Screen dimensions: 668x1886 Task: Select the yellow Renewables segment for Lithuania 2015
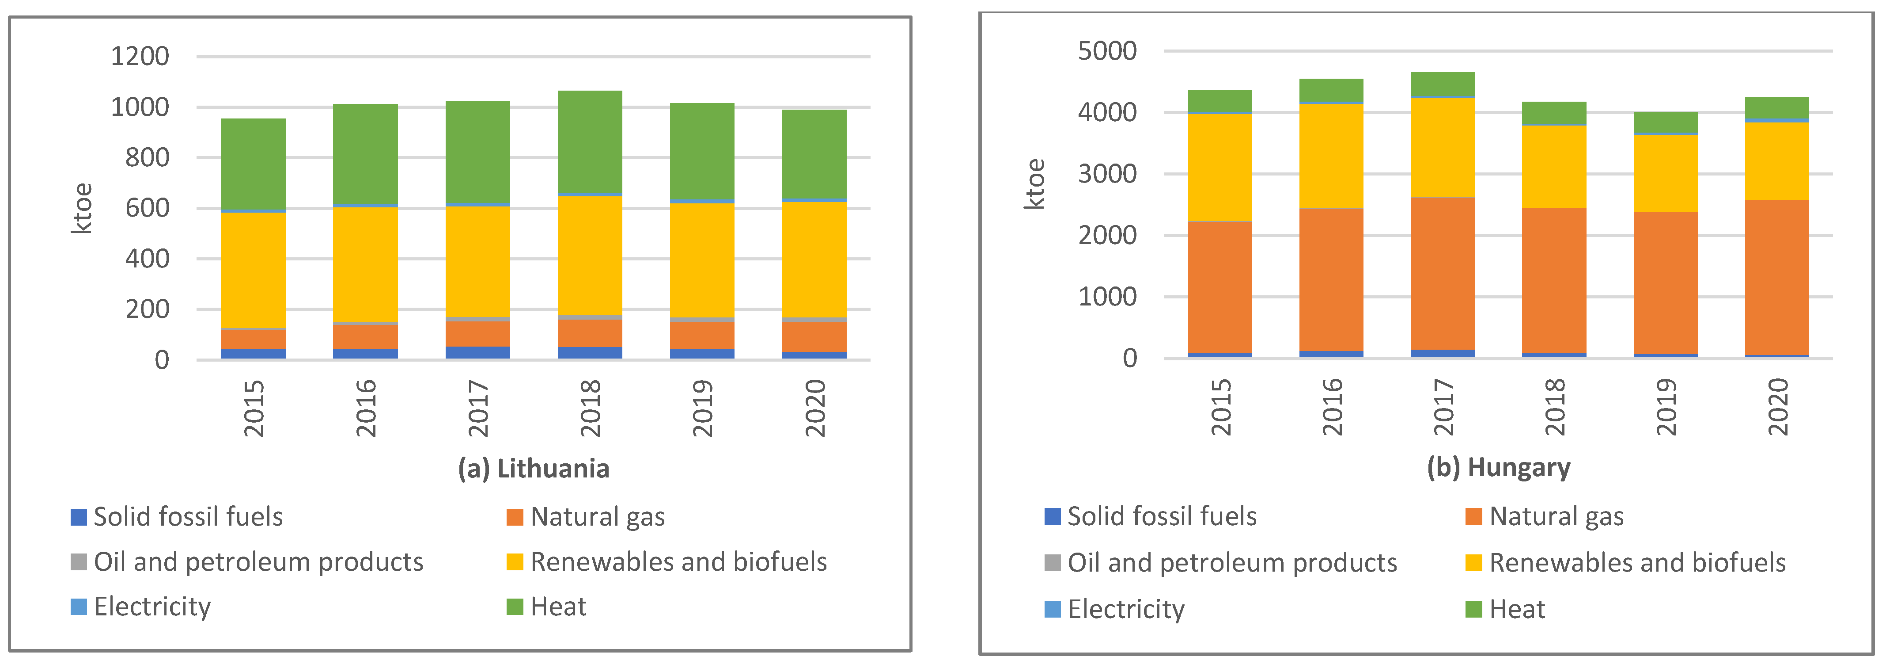pyautogui.click(x=254, y=270)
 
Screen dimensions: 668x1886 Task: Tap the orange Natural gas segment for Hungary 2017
pyautogui.click(x=1442, y=273)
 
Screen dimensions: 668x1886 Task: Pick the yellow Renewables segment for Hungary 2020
pyautogui.click(x=1777, y=161)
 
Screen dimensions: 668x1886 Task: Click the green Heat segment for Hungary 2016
pyautogui.click(x=1331, y=90)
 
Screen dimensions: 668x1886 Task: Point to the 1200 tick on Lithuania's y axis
pyautogui.click(x=140, y=57)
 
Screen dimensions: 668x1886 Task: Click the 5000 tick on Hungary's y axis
pyautogui.click(x=1107, y=51)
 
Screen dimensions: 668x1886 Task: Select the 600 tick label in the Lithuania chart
pyautogui.click(x=147, y=208)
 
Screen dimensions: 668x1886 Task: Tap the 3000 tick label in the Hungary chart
pyautogui.click(x=1107, y=174)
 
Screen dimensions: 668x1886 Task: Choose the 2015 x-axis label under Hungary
pyautogui.click(x=1220, y=407)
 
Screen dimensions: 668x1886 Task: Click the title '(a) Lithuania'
pyautogui.click(x=533, y=469)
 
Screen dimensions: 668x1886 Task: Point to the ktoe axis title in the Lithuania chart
pyautogui.click(x=82, y=208)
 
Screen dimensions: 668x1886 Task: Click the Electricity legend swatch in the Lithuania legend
pyautogui.click(x=78, y=607)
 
